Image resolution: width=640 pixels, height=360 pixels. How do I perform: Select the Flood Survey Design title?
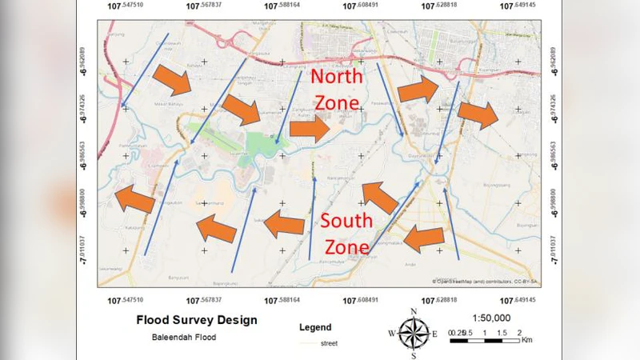tap(197, 320)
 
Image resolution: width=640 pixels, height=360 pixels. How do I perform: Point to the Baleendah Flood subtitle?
tap(183, 337)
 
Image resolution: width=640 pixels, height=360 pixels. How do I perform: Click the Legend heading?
tap(314, 327)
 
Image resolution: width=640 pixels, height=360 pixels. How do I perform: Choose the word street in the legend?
tap(328, 343)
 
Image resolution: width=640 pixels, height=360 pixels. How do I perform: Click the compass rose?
tap(414, 332)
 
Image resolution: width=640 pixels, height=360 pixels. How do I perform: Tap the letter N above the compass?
tap(414, 311)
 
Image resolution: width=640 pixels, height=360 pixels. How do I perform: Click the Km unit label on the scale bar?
tap(526, 340)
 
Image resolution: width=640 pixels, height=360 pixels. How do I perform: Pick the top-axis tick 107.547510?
tap(126, 6)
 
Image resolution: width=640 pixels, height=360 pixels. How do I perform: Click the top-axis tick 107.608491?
tap(360, 6)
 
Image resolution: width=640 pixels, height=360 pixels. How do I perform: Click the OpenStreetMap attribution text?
tap(485, 282)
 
